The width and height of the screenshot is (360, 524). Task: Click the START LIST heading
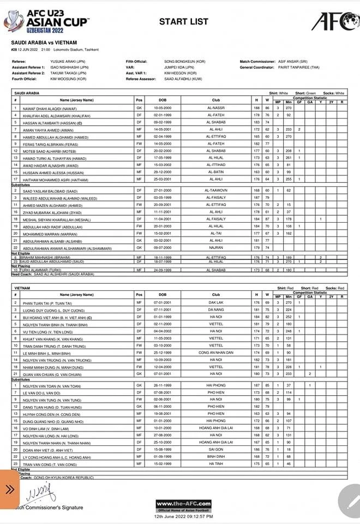(x=183, y=22)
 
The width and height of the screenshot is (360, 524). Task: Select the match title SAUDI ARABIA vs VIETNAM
(x=44, y=42)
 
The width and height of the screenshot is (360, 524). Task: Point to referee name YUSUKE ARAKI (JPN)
(x=64, y=62)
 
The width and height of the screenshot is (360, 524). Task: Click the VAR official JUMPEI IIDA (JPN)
(x=178, y=67)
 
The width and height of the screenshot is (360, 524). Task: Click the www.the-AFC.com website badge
(x=183, y=503)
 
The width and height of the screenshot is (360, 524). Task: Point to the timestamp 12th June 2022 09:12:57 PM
(x=183, y=516)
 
